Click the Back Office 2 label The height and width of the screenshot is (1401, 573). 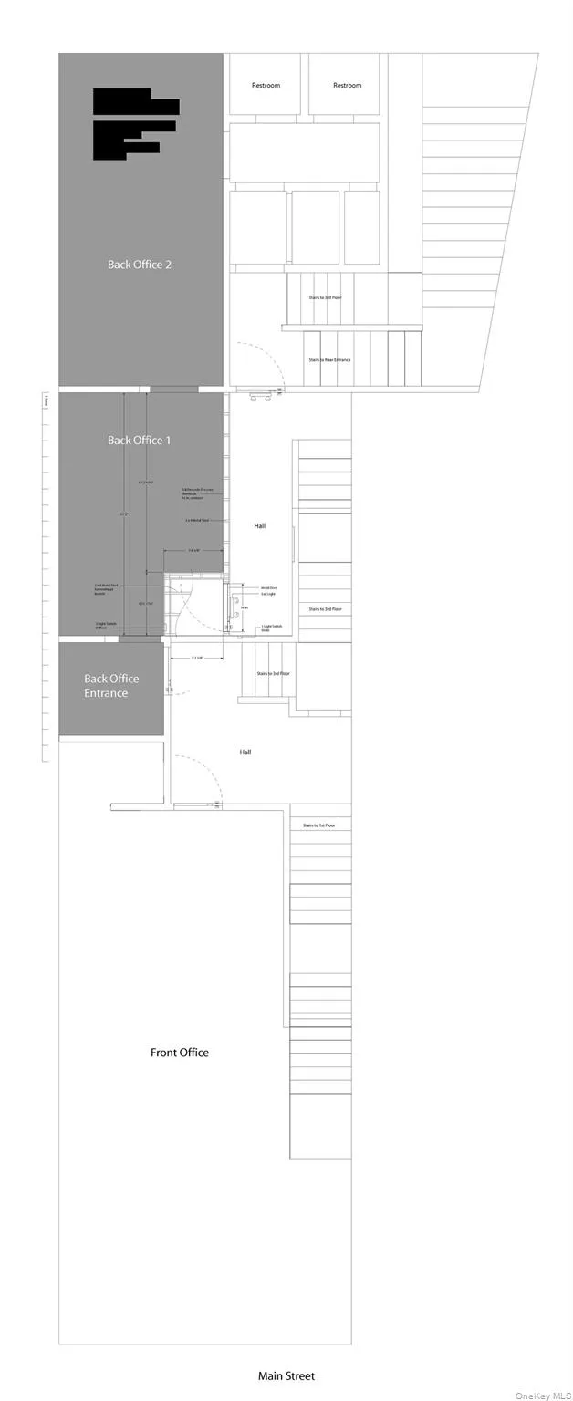pyautogui.click(x=140, y=265)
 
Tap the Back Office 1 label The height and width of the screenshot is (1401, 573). pyautogui.click(x=140, y=441)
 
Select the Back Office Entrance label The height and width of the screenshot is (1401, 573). pyautogui.click(x=111, y=686)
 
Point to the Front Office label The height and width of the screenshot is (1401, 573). pyautogui.click(x=180, y=1053)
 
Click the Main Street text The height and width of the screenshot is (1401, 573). pyautogui.click(x=286, y=1375)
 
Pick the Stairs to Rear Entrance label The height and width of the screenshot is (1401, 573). pyautogui.click(x=329, y=360)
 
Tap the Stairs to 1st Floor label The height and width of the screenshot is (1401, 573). pyautogui.click(x=320, y=825)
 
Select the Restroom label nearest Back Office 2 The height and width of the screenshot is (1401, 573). pyautogui.click(x=266, y=86)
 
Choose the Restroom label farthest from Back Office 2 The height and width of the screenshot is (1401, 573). pyautogui.click(x=347, y=86)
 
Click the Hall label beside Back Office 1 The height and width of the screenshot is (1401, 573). pyautogui.click(x=259, y=525)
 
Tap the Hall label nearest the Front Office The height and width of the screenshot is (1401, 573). pyautogui.click(x=245, y=752)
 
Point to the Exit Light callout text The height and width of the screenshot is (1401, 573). pyautogui.click(x=269, y=594)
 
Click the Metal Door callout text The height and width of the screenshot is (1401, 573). pyautogui.click(x=269, y=588)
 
